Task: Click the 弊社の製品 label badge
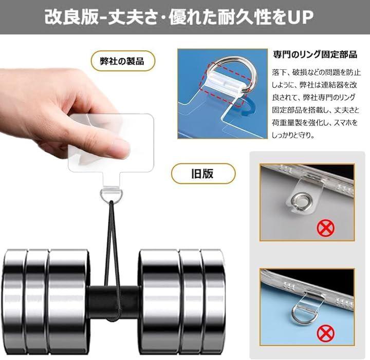123,61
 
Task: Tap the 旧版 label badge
203,174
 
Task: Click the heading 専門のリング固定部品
315,54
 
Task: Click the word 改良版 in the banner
71,17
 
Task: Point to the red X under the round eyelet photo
326,228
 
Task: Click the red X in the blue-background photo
326,333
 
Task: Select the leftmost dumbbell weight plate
14,302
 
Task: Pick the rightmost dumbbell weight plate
214,302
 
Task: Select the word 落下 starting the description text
279,72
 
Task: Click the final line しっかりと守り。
293,136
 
